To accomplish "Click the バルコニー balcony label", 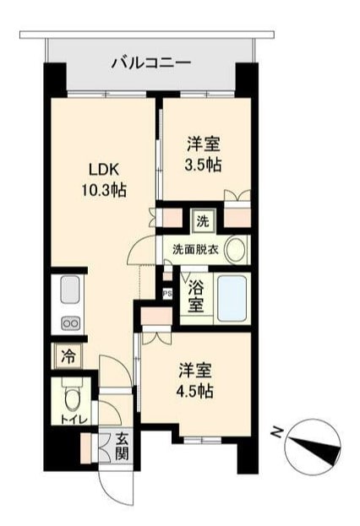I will (151, 62).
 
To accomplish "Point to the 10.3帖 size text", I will (102, 190).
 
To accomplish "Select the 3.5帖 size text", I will (204, 165).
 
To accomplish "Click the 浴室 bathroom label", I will (194, 295).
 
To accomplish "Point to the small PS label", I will (167, 294).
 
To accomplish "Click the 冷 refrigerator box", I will (68, 356).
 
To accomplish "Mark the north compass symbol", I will (313, 445).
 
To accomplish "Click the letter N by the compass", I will (275, 432).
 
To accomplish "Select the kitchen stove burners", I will (68, 323).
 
